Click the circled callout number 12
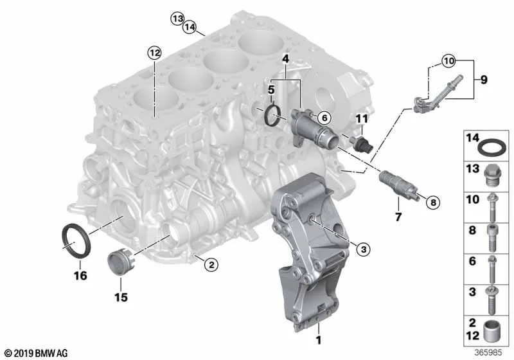point(154,53)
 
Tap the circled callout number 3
point(363,249)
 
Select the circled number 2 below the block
point(211,264)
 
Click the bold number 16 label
point(80,275)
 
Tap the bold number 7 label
point(398,217)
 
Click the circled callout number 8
point(433,203)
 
